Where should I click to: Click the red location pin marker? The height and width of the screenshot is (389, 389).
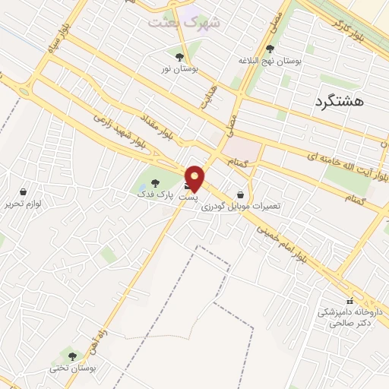click(x=195, y=178)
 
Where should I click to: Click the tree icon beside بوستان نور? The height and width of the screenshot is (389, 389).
click(x=180, y=56)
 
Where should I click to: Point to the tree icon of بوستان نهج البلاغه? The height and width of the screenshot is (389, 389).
click(x=270, y=49)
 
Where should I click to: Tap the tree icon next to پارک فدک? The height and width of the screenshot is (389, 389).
click(x=155, y=182)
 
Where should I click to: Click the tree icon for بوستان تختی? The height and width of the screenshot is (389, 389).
click(x=73, y=356)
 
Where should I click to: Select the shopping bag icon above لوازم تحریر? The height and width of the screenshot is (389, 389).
click(x=24, y=192)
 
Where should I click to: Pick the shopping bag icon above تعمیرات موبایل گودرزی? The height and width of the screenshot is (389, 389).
click(x=241, y=194)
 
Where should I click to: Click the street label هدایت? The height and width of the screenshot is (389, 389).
click(x=206, y=96)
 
